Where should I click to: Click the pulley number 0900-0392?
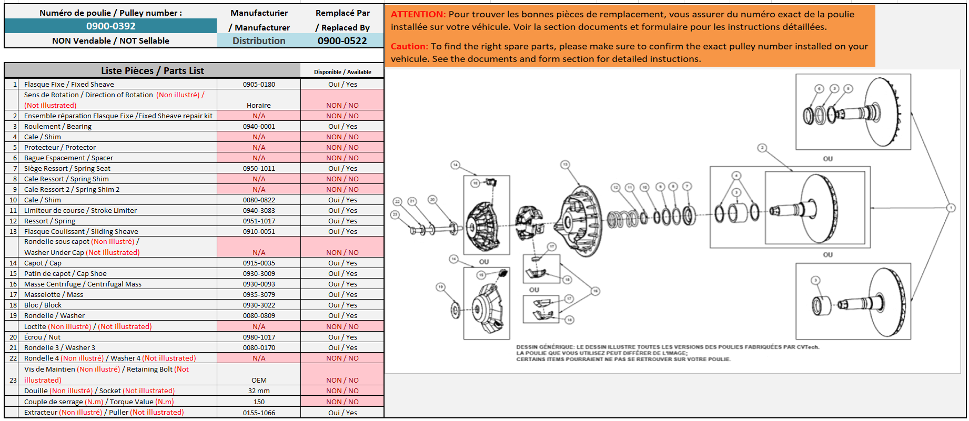point(110,26)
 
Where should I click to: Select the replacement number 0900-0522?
point(342,41)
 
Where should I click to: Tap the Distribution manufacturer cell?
point(259,41)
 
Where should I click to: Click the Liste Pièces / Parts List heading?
point(152,71)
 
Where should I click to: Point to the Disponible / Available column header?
point(342,72)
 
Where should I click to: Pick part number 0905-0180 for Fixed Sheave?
point(259,84)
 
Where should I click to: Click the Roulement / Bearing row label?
point(58,127)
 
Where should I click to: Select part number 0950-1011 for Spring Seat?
point(259,169)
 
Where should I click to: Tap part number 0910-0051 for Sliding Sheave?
point(259,232)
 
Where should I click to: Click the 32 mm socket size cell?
point(259,391)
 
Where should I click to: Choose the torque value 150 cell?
point(259,402)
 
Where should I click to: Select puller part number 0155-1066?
point(259,413)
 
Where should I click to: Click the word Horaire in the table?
point(259,106)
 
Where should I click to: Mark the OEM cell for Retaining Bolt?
point(259,381)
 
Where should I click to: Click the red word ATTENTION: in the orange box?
point(418,15)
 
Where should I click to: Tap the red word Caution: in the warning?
point(409,46)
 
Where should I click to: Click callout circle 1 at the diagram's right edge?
point(951,208)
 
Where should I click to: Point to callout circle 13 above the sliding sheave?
point(565,165)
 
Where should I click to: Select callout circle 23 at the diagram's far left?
point(395,214)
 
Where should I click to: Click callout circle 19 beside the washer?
point(440,287)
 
